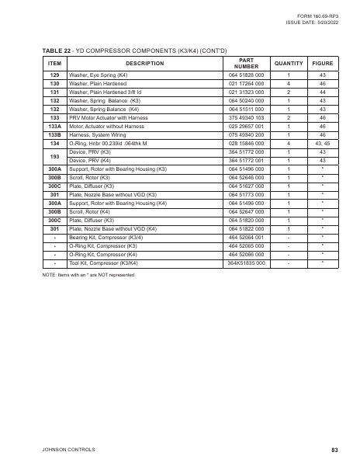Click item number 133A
click(x=54, y=125)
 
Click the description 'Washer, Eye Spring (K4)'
click(x=99, y=75)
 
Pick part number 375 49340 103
click(x=247, y=116)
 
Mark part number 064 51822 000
click(x=247, y=228)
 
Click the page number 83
click(x=334, y=449)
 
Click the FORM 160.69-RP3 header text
click(x=317, y=16)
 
